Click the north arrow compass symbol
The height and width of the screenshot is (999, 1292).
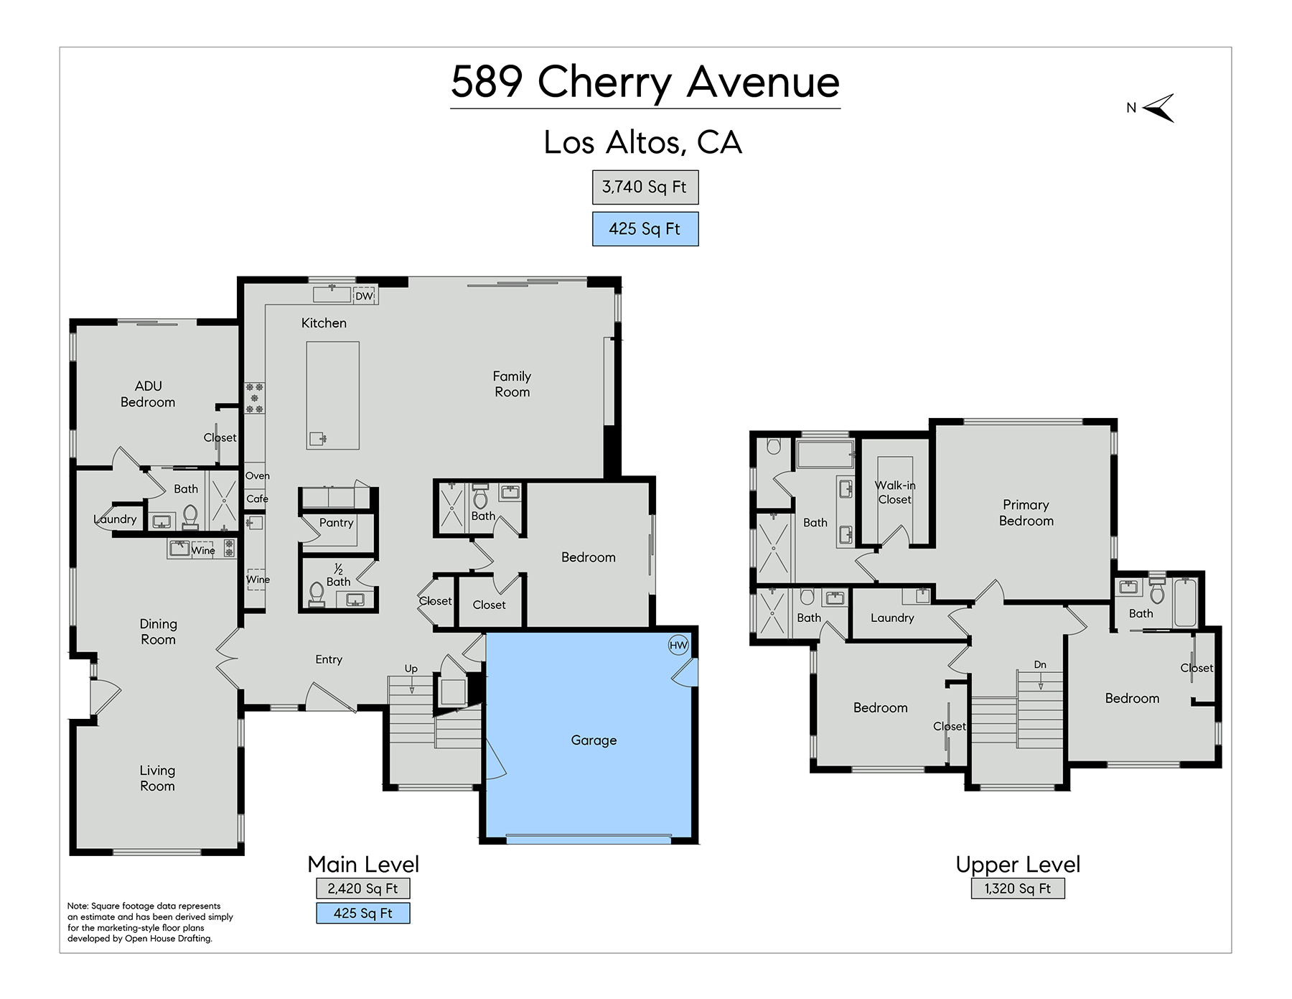[1158, 108]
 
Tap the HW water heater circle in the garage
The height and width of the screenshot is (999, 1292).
[678, 645]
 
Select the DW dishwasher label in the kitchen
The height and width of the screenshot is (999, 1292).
[365, 296]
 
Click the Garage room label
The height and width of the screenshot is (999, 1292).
[594, 740]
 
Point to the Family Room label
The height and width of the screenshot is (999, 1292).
[512, 384]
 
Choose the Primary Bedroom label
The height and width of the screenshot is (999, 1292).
[1026, 513]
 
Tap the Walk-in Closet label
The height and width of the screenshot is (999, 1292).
[895, 493]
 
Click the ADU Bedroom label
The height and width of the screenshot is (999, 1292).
[148, 394]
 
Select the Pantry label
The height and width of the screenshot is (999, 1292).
[337, 523]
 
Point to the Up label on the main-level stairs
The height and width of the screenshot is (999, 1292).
[411, 669]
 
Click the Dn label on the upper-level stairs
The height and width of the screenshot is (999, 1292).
[1040, 665]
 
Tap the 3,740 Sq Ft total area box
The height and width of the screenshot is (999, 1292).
[645, 187]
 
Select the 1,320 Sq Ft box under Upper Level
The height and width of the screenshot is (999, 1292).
[1018, 888]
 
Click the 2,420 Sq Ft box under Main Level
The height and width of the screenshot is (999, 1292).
[363, 888]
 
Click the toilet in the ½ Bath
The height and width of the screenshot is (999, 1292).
[317, 594]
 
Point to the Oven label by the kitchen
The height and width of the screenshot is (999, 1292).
[258, 475]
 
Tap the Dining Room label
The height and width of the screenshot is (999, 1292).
[158, 632]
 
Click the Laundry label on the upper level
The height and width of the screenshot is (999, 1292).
[892, 618]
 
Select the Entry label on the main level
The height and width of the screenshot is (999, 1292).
[329, 660]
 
